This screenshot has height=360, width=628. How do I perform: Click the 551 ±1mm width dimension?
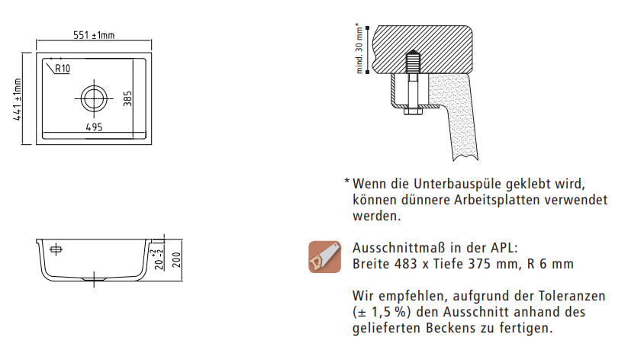click(94, 35)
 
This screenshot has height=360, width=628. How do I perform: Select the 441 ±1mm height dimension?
click(18, 99)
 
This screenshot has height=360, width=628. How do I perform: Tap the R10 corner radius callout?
click(62, 69)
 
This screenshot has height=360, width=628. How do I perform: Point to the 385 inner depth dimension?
click(127, 98)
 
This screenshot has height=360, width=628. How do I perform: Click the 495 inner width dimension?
click(94, 127)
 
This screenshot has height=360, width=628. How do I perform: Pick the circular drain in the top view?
click(94, 98)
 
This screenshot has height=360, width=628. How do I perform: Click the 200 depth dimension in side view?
click(177, 260)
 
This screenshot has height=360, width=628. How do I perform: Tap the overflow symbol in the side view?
click(56, 249)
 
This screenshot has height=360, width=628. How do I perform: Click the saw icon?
click(325, 257)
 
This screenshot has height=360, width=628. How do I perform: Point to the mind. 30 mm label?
click(359, 48)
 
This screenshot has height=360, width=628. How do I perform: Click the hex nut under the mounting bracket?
click(413, 111)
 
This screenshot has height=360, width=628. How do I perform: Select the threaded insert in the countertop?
click(413, 62)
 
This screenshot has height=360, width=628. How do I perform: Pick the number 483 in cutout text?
click(406, 264)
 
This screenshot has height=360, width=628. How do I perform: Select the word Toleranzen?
click(572, 296)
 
